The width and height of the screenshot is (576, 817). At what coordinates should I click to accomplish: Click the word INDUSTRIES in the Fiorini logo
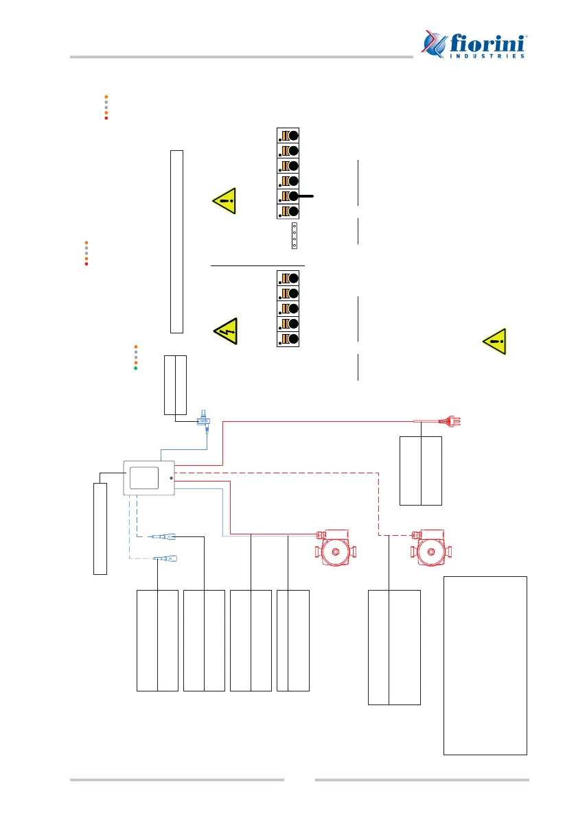(x=489, y=56)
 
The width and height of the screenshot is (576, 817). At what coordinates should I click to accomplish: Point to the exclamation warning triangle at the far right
(x=495, y=342)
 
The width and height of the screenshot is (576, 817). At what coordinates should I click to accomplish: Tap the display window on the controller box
(x=143, y=477)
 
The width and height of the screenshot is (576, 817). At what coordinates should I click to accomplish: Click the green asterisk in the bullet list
(x=136, y=368)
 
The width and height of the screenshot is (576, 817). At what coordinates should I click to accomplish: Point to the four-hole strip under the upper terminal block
(x=294, y=236)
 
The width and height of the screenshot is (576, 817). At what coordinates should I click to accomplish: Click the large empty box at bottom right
(x=485, y=665)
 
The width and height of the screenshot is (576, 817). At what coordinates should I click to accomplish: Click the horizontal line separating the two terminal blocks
(x=257, y=265)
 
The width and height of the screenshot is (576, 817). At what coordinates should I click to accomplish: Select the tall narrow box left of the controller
(x=100, y=528)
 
